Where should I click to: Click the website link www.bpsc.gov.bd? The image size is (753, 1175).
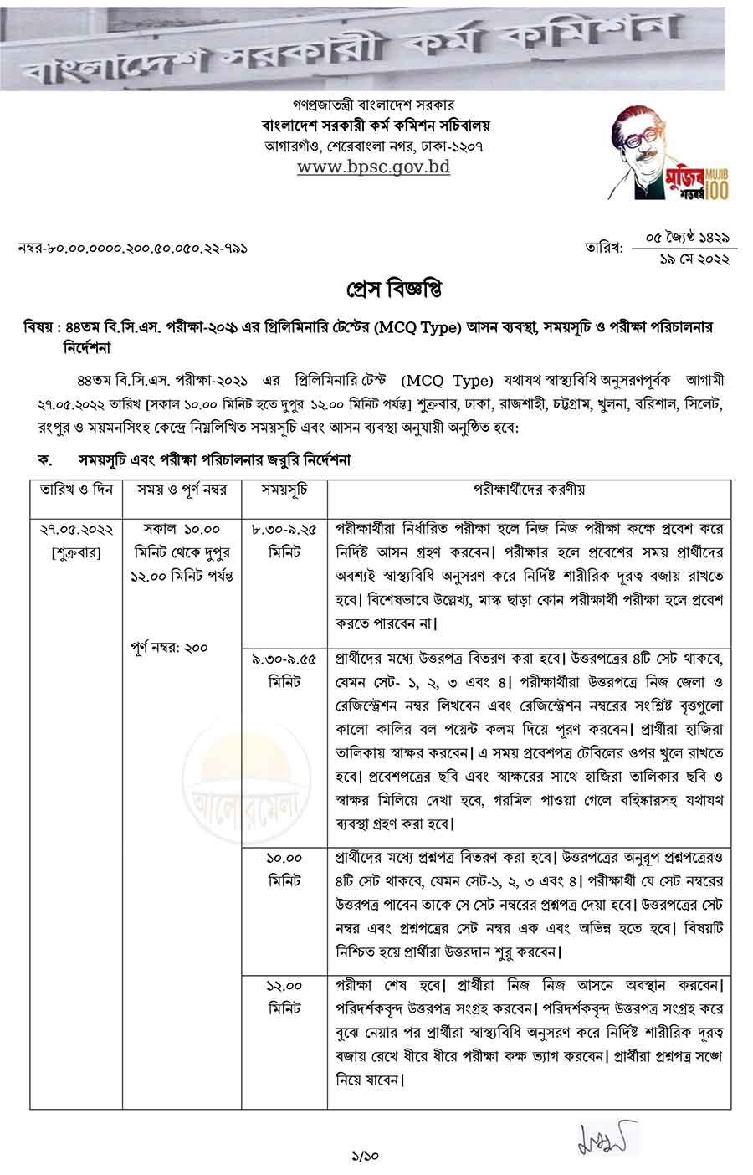pyautogui.click(x=374, y=167)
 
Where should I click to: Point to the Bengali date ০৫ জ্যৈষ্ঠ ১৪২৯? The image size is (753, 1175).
pyautogui.click(x=684, y=239)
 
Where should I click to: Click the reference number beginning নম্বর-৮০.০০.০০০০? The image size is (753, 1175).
pyautogui.click(x=132, y=249)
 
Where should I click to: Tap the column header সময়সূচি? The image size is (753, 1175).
pyautogui.click(x=284, y=490)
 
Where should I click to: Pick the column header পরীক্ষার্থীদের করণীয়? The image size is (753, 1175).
pyautogui.click(x=529, y=490)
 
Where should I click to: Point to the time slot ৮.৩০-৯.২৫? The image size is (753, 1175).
pyautogui.click(x=284, y=530)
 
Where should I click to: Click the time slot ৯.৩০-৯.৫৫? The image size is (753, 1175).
pyautogui.click(x=284, y=659)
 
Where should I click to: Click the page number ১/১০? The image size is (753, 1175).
pyautogui.click(x=366, y=1156)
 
